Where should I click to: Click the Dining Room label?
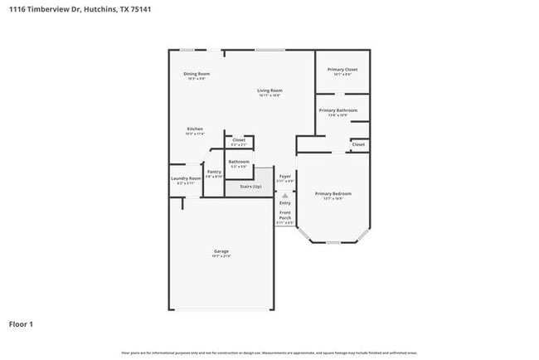click(197, 75)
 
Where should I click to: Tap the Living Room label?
click(269, 90)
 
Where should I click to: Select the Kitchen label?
click(195, 129)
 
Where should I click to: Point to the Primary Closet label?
click(342, 70)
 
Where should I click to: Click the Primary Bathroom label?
click(342, 110)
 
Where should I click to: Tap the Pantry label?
click(214, 172)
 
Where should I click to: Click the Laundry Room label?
click(186, 178)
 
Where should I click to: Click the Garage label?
click(221, 251)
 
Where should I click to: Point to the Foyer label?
click(284, 176)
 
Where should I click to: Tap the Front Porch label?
click(284, 217)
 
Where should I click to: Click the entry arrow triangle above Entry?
click(284, 196)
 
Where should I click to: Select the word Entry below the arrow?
click(284, 202)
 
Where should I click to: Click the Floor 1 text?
click(21, 324)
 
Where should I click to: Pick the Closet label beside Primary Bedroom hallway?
click(358, 144)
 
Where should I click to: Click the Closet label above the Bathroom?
click(239, 140)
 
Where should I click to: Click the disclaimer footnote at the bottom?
click(269, 353)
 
